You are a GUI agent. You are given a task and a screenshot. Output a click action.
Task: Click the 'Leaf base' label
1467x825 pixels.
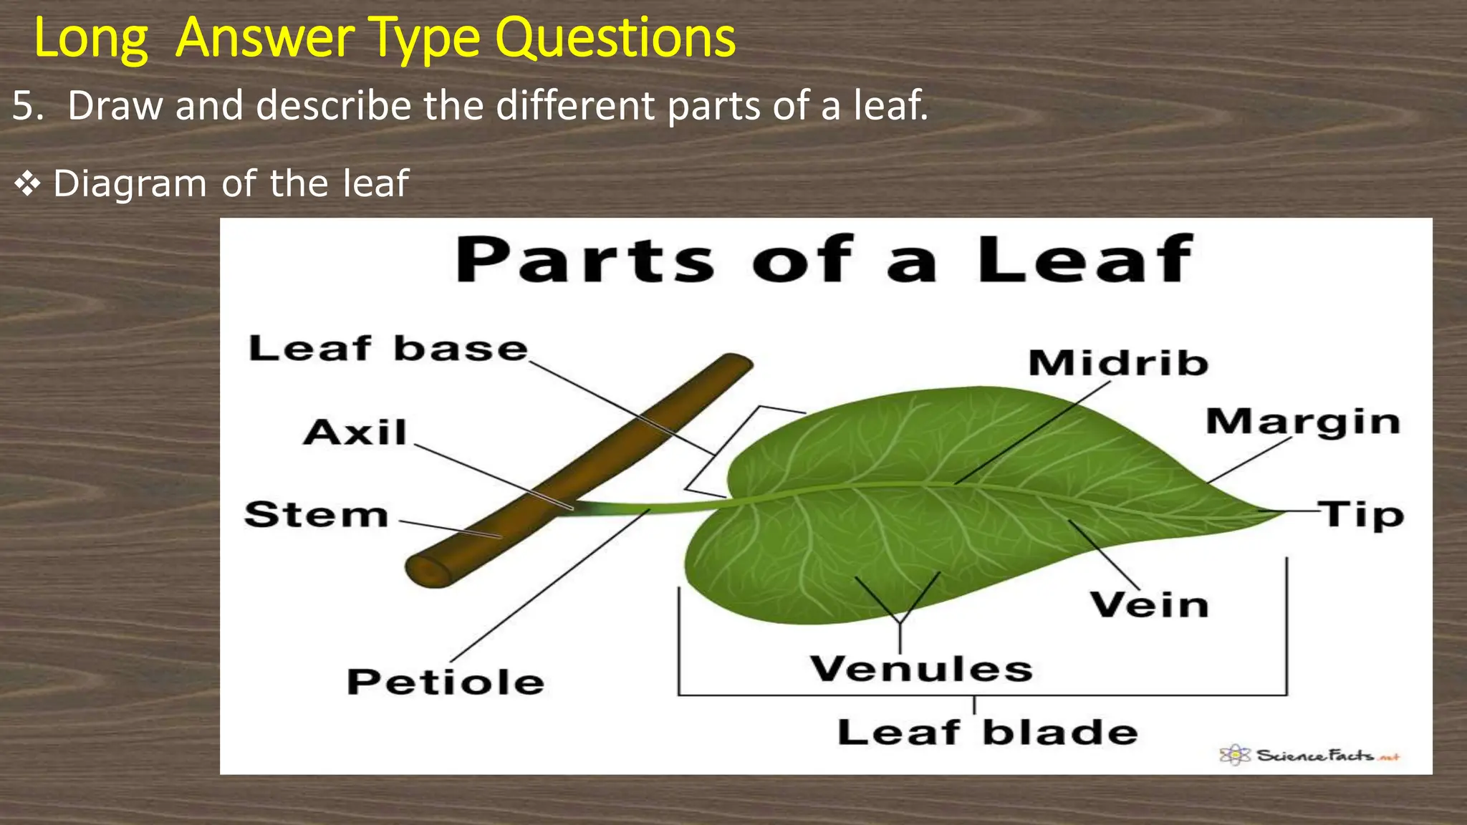[388, 349]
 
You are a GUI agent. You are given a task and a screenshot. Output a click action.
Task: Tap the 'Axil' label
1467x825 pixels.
[355, 433]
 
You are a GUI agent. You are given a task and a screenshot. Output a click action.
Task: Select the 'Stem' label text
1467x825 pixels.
[316, 515]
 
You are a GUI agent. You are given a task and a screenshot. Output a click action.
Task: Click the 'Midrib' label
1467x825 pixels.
[1118, 362]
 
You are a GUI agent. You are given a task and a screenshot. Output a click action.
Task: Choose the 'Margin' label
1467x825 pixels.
[1302, 421]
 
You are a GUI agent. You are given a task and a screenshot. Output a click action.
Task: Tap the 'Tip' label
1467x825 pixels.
[1362, 514]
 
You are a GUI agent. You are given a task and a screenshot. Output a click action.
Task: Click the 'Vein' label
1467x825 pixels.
[1150, 605]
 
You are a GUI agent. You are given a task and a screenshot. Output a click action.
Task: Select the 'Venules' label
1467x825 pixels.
[921, 669]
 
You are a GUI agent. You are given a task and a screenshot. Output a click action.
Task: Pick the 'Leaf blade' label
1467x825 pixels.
[987, 733]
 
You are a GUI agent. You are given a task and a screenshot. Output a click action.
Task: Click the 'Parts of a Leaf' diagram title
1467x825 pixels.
[824, 259]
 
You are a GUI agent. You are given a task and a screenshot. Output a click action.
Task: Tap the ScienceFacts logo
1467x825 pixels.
[1309, 755]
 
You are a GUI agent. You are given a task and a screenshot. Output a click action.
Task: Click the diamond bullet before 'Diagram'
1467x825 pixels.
[27, 185]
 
